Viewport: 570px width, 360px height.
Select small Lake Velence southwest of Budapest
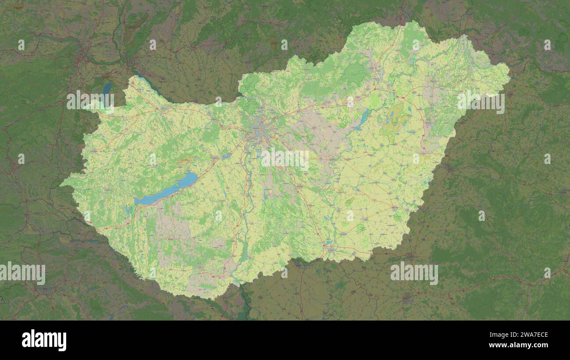pyautogui.click(x=226, y=156)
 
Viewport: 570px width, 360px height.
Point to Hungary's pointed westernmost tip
pyautogui.click(x=61, y=183)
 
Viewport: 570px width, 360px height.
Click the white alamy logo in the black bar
pyautogui.click(x=44, y=340)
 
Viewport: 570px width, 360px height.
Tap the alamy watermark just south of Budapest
pyautogui.click(x=285, y=160)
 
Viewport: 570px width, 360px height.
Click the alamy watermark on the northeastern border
pyautogui.click(x=481, y=102)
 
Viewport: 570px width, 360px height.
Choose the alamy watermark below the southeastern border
pyautogui.click(x=414, y=273)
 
